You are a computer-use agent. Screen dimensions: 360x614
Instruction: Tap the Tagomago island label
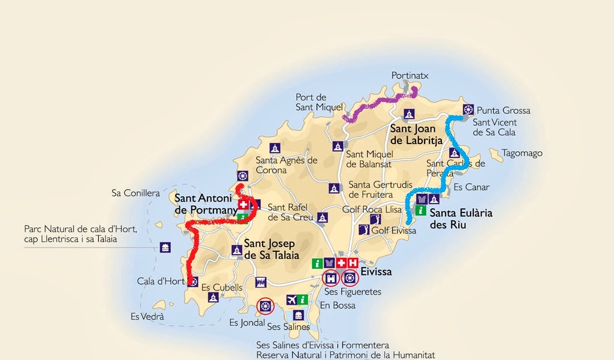[522, 153]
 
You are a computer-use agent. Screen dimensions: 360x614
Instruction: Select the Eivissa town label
[376, 272]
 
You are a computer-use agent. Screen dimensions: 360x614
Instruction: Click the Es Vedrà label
[147, 316]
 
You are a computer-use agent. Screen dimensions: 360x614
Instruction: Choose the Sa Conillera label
[136, 193]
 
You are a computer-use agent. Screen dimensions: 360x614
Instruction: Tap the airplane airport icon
[292, 299]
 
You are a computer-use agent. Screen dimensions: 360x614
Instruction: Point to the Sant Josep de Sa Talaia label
[271, 250]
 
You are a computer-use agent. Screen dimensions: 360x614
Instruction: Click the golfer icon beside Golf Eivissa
[363, 230]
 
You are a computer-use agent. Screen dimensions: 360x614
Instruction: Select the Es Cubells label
[222, 287]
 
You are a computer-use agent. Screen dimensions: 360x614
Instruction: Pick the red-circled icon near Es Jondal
[264, 307]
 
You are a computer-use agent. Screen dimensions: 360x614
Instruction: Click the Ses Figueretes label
[352, 292]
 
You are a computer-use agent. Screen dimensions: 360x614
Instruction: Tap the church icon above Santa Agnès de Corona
[275, 148]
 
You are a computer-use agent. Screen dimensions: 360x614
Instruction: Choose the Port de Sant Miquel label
[311, 102]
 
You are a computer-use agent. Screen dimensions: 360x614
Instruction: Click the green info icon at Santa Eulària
[421, 211]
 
